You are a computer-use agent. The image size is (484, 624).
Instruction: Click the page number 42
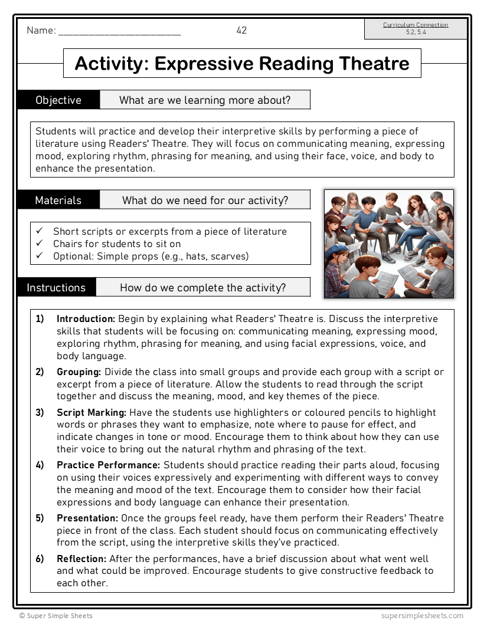click(x=241, y=31)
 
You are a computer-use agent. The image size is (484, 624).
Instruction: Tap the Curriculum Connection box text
click(x=416, y=28)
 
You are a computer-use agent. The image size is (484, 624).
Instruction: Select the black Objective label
click(x=58, y=100)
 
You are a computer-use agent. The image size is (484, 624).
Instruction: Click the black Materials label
click(x=58, y=201)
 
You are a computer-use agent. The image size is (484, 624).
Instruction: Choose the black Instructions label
click(x=56, y=288)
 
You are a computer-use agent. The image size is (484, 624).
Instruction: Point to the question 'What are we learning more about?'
click(x=205, y=100)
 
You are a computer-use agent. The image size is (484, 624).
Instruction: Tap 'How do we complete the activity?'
click(x=202, y=288)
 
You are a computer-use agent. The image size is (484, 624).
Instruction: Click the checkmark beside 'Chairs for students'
click(x=40, y=244)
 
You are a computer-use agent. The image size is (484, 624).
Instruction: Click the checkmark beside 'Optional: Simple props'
click(x=40, y=256)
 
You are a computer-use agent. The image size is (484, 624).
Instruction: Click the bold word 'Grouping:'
click(x=79, y=372)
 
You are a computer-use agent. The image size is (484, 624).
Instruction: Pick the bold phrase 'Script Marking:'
click(x=91, y=412)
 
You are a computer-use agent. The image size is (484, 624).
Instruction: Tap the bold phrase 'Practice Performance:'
click(x=109, y=465)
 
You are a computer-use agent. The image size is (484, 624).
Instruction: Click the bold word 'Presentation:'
click(x=87, y=518)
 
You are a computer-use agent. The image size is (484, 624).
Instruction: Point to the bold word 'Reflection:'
click(x=81, y=559)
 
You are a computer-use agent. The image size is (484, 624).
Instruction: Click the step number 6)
click(x=40, y=559)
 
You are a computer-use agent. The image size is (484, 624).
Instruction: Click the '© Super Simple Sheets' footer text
click(x=55, y=616)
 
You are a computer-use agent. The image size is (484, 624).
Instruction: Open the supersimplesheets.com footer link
click(x=422, y=616)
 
